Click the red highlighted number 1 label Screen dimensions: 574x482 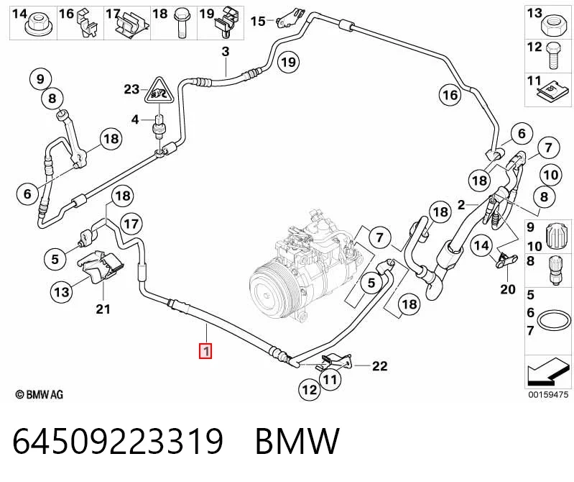click(205, 351)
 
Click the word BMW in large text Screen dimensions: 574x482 click(297, 441)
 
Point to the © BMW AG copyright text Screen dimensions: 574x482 click(40, 394)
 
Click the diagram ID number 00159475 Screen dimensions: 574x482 click(547, 394)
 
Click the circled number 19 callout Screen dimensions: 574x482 click(289, 62)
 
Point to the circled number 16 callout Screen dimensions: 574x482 click(450, 95)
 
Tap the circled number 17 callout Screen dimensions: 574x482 click(131, 224)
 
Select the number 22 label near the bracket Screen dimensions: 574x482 click(379, 365)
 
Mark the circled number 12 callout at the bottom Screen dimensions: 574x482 click(310, 389)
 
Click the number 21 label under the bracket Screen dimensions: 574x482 click(103, 309)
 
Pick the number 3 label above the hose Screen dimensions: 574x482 click(226, 51)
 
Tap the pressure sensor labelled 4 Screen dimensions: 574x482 click(159, 127)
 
